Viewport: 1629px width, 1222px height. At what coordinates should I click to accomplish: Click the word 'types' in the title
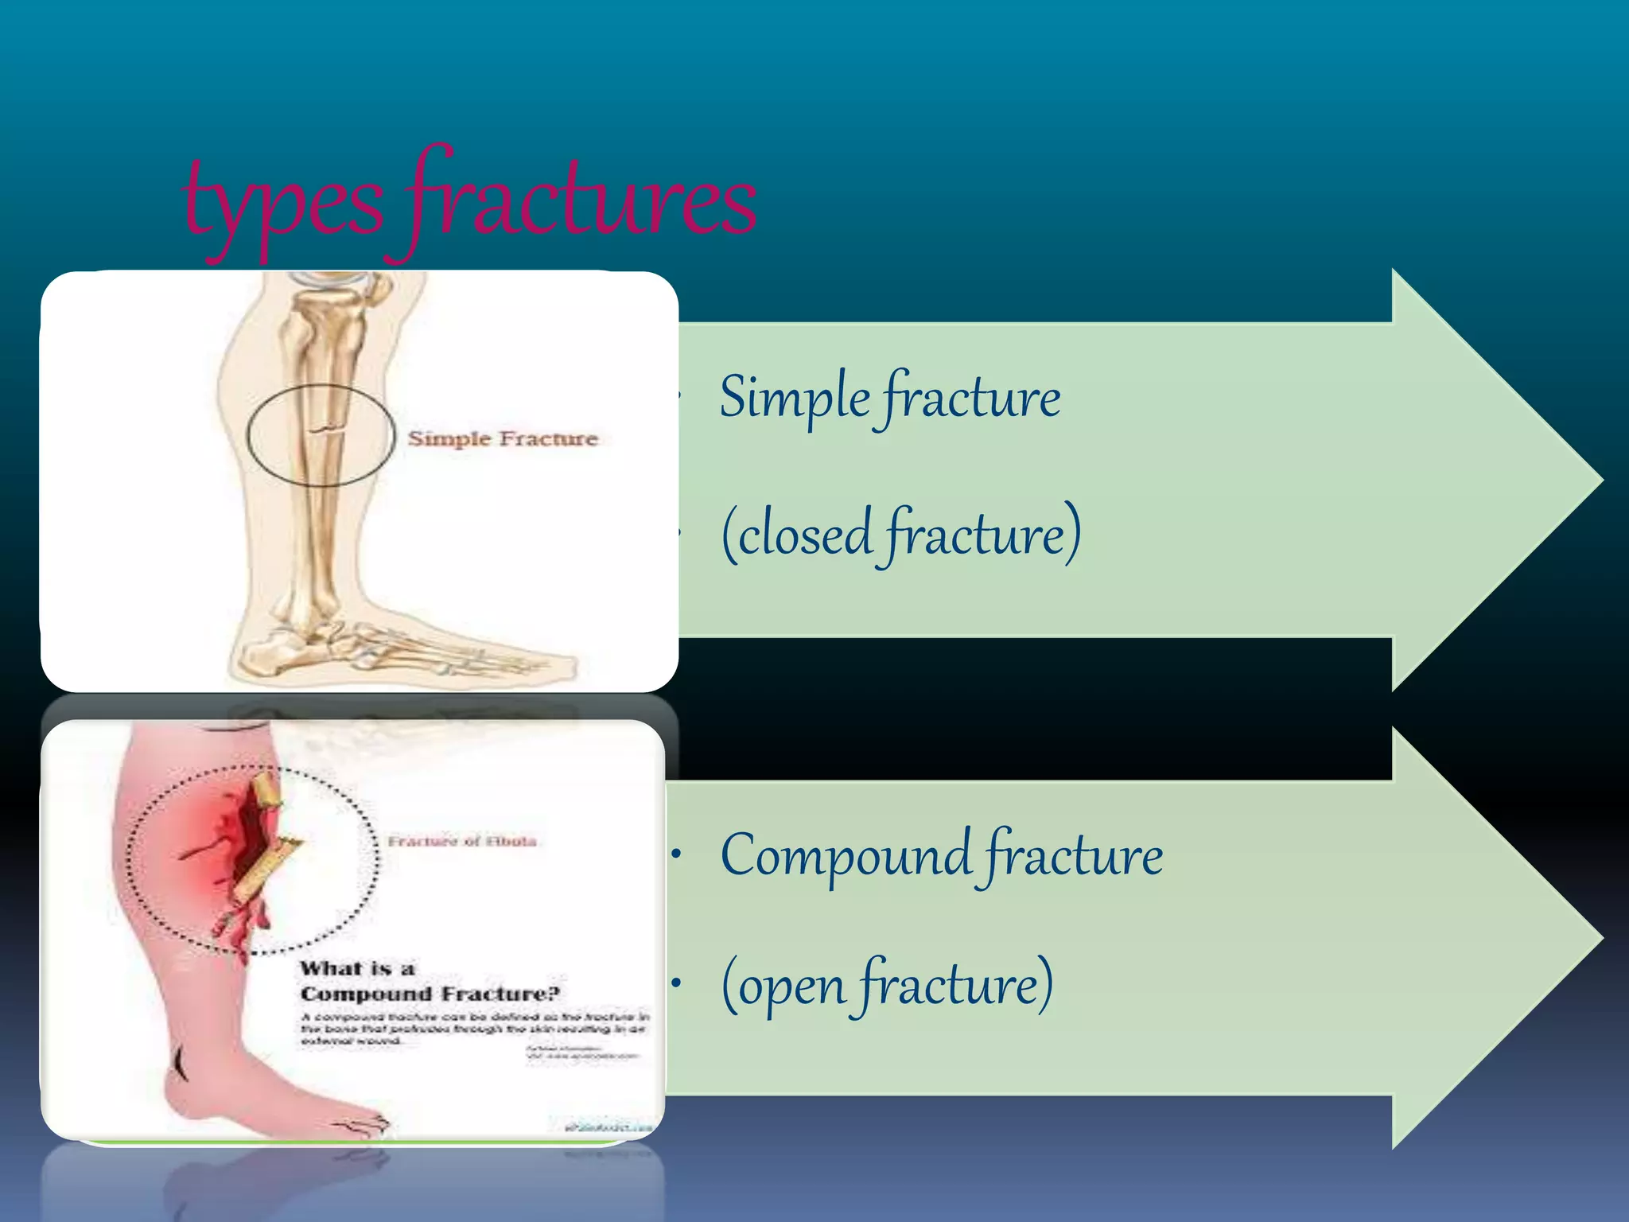point(282,205)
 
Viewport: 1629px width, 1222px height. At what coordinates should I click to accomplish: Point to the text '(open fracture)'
point(887,985)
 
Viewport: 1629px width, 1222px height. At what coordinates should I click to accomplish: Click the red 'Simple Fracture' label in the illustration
point(503,438)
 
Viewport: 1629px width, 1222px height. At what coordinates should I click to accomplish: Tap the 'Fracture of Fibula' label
point(462,841)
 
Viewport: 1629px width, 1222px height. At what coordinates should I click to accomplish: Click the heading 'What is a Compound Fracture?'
point(430,981)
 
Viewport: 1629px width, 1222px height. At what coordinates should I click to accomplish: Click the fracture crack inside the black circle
point(327,430)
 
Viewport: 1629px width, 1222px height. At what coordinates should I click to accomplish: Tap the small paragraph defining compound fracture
point(474,1028)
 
